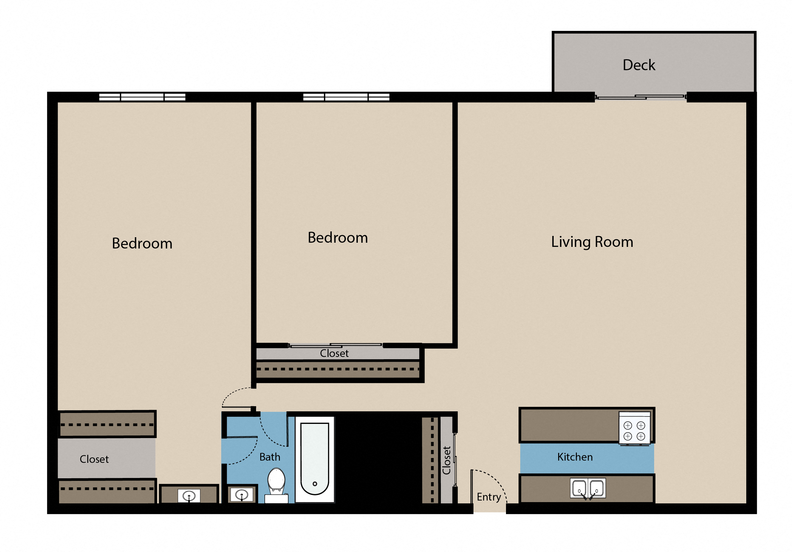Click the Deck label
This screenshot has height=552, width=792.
(639, 65)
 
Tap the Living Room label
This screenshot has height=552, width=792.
(592, 242)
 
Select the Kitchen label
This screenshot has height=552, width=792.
(575, 457)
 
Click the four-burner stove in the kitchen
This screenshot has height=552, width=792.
(635, 431)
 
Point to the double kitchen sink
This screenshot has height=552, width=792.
(588, 488)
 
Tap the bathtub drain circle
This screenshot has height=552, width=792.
(315, 484)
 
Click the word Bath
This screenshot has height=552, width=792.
(270, 457)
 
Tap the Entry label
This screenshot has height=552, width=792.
(489, 497)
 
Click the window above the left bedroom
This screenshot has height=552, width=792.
(142, 97)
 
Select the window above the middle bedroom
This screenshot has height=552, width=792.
(346, 97)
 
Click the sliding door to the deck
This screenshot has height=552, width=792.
(641, 97)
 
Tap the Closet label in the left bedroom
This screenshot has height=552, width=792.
(94, 459)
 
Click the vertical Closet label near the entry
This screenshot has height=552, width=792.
(447, 460)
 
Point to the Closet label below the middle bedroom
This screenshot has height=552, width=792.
(334, 353)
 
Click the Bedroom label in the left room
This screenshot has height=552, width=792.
(142, 243)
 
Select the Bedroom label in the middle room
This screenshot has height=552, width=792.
(338, 238)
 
